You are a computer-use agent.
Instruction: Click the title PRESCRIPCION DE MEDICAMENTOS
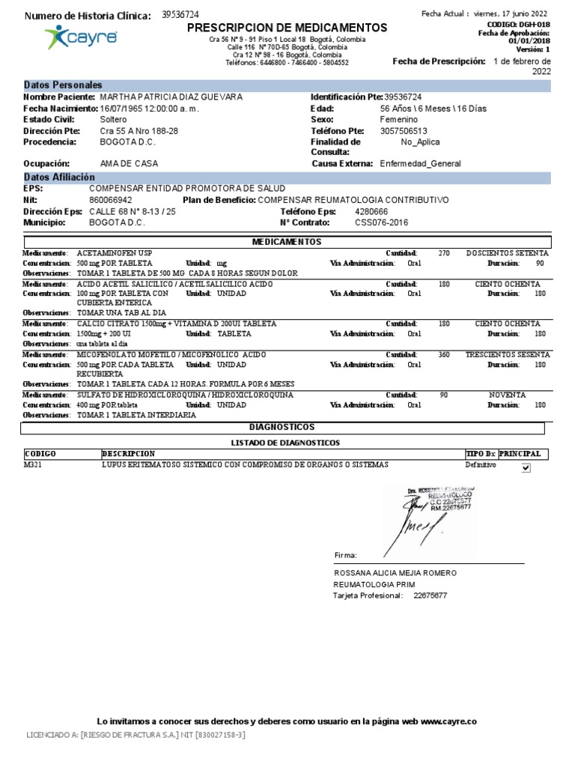point(287,28)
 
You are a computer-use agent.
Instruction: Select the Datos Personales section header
point(63,85)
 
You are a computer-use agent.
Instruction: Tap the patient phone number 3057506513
point(405,130)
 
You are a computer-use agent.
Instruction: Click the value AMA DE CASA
point(129,163)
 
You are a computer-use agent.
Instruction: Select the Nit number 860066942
point(111,201)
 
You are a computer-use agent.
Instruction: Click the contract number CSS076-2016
point(382,222)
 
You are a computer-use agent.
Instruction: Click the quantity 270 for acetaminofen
point(444,253)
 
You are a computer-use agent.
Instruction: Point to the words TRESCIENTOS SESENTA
point(508,354)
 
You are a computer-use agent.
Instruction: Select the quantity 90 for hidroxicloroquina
point(444,395)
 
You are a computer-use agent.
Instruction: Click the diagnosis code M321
point(34,465)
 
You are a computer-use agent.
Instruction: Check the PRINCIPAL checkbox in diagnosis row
point(526,468)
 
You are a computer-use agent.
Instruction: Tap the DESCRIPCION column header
point(128,454)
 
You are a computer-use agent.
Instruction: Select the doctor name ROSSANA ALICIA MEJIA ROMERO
point(395,573)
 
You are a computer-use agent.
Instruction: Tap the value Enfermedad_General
point(420,163)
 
